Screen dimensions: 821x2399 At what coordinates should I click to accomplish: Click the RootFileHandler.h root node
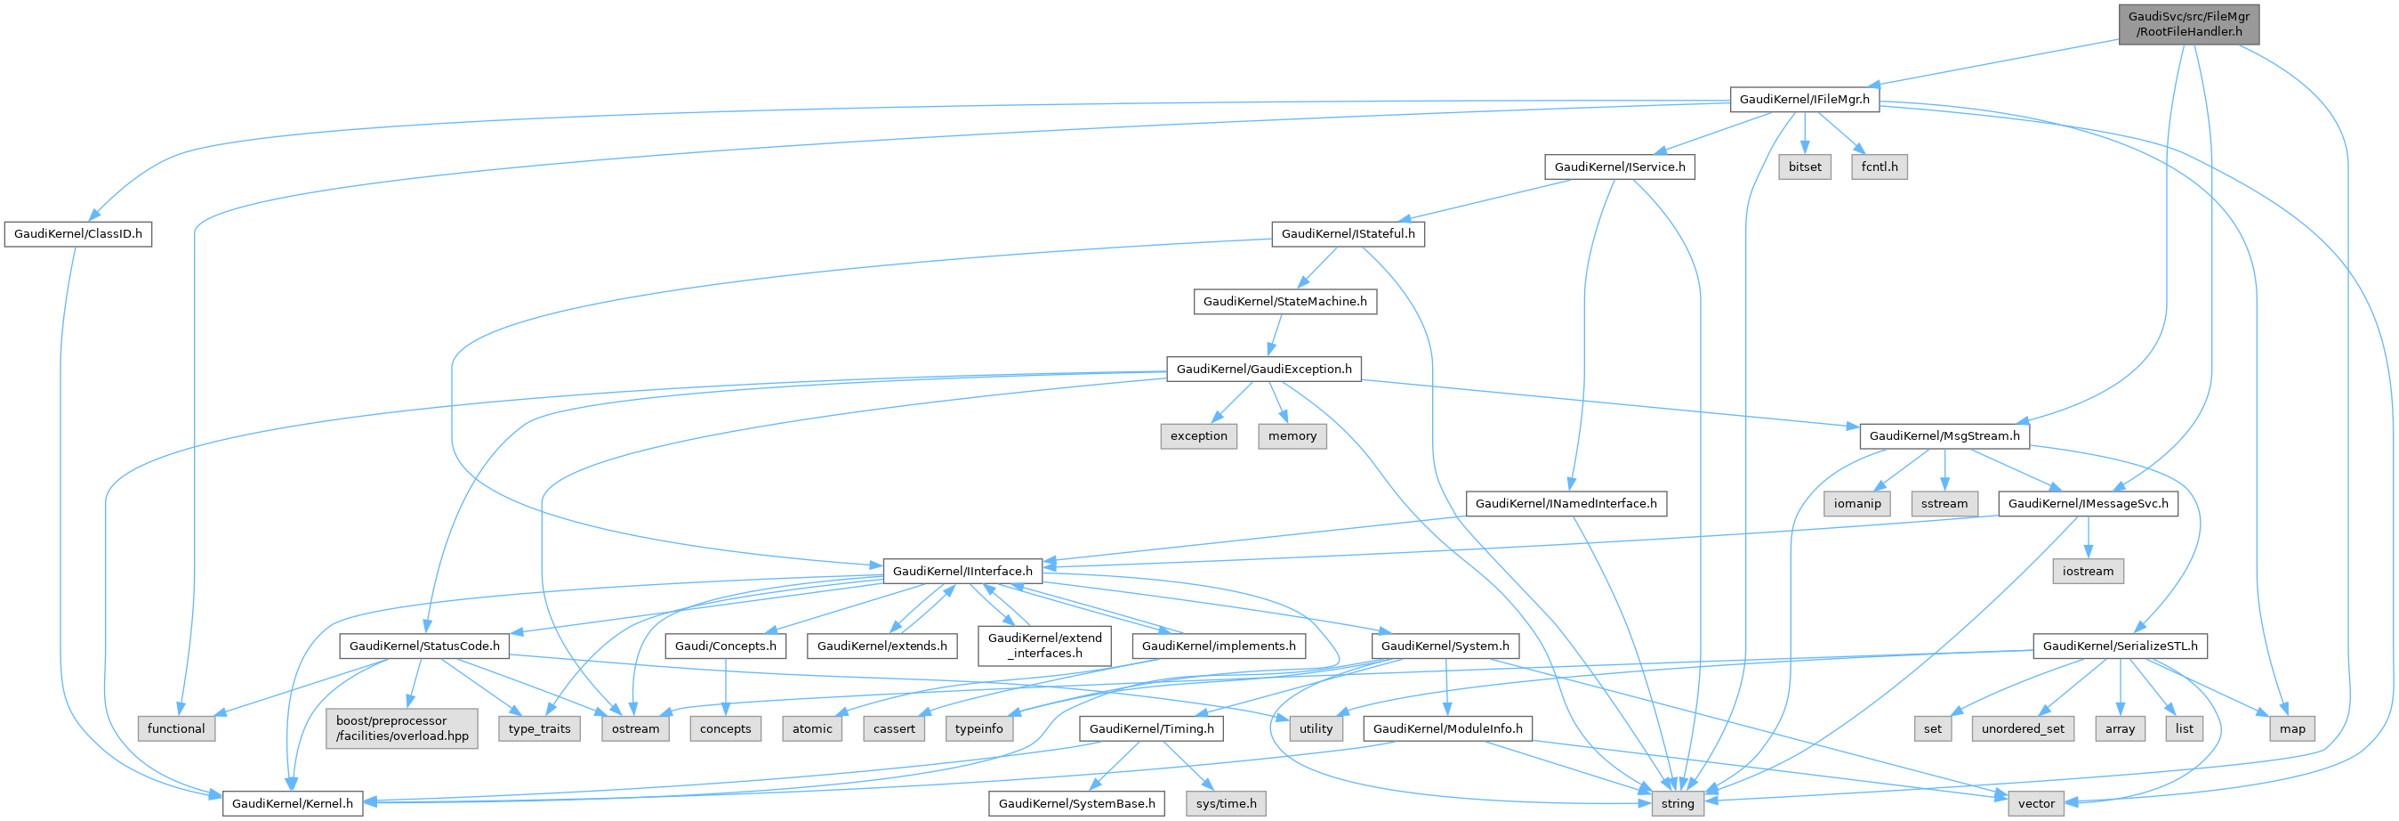point(2188,24)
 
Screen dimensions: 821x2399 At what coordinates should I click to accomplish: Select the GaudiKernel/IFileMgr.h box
point(1804,99)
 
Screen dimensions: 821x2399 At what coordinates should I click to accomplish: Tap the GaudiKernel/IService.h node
point(1620,167)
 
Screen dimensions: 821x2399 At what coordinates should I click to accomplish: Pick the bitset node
point(1805,167)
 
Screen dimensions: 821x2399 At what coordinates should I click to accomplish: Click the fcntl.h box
point(1880,167)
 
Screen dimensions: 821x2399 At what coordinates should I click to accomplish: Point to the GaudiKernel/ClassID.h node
point(78,233)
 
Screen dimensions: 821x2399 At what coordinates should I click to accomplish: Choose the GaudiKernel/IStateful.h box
point(1348,233)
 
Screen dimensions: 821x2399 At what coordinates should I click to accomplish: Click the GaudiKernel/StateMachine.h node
point(1284,301)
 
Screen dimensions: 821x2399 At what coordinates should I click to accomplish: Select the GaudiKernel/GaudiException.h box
point(1264,369)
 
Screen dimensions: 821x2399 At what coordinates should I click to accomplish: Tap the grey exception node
point(1198,436)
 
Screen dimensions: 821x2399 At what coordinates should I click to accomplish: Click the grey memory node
point(1292,436)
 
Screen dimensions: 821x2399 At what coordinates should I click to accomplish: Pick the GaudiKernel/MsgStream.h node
point(1944,436)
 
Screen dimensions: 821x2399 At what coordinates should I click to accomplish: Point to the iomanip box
point(1857,503)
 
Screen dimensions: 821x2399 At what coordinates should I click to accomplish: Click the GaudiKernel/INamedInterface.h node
point(1566,503)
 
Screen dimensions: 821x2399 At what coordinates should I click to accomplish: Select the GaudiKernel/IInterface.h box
point(962,570)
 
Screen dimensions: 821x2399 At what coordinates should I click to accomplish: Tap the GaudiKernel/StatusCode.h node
point(423,646)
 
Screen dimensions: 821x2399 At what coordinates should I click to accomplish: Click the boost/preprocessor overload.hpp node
point(402,728)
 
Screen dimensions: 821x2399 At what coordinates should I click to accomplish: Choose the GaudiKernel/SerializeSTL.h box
point(2120,646)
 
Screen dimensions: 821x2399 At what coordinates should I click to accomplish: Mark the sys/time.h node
point(1226,803)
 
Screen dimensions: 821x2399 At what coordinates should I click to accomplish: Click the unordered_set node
point(2023,728)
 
